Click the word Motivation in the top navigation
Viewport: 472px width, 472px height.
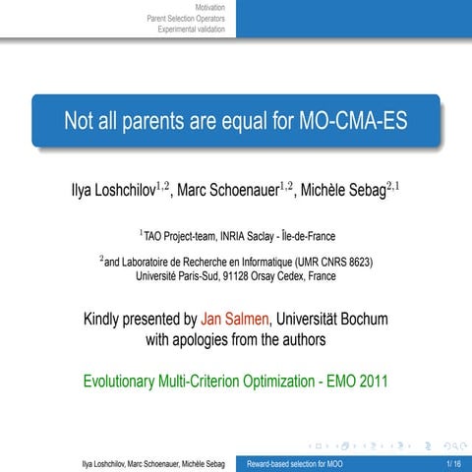(x=210, y=7)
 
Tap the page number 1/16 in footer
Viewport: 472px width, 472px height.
(x=452, y=462)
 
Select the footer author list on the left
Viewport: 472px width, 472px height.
(x=153, y=462)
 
